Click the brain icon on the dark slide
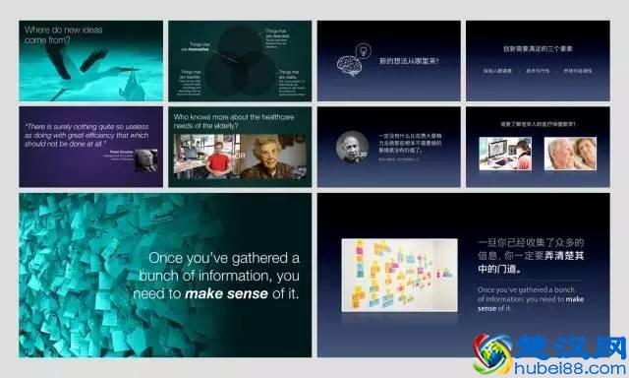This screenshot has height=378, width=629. (x=349, y=64)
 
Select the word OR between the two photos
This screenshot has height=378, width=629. (x=239, y=157)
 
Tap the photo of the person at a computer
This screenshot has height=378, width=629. (x=505, y=153)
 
